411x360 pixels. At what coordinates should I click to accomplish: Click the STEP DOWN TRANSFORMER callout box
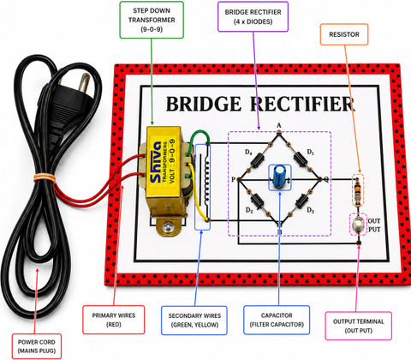click(x=152, y=20)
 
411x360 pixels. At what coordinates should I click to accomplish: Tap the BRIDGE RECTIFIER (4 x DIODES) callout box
click(x=253, y=16)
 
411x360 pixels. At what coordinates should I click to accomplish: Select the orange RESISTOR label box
click(x=344, y=34)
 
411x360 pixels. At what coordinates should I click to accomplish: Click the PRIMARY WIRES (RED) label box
click(x=114, y=320)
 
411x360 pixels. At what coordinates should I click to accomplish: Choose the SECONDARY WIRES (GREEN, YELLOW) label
click(x=194, y=321)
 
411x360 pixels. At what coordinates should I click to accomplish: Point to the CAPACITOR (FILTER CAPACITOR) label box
click(x=277, y=320)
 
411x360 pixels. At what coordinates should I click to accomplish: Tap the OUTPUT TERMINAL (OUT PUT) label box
click(x=359, y=326)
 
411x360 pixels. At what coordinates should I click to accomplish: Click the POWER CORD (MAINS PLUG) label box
click(x=37, y=346)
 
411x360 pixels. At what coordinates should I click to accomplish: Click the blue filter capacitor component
click(x=279, y=177)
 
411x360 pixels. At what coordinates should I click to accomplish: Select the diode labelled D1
click(x=301, y=159)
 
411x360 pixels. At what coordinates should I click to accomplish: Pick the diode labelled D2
click(x=258, y=200)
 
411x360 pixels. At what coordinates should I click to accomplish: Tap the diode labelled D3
click(x=301, y=201)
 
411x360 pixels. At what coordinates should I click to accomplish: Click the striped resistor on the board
click(x=358, y=190)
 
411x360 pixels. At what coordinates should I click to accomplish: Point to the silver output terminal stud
click(x=358, y=224)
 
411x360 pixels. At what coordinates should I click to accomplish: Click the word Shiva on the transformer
click(x=156, y=162)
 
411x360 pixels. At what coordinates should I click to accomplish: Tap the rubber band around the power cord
click(x=45, y=177)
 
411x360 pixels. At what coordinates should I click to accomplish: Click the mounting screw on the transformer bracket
click(x=167, y=227)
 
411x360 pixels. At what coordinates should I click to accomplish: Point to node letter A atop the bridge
click(x=279, y=125)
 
